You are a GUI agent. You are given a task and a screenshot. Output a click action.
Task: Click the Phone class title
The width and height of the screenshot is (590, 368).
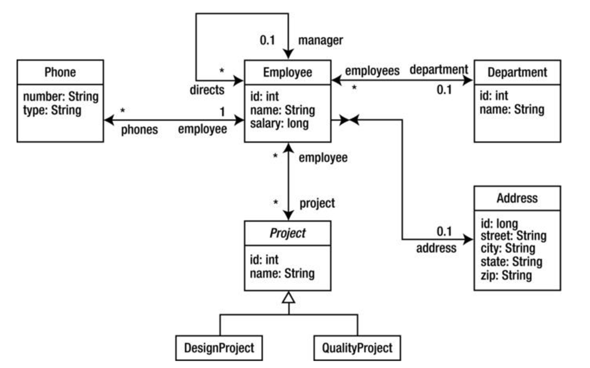click(x=60, y=72)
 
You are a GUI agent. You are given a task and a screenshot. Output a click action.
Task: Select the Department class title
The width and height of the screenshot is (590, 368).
click(x=517, y=72)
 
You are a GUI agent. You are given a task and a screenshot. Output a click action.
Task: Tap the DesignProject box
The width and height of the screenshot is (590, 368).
click(x=219, y=348)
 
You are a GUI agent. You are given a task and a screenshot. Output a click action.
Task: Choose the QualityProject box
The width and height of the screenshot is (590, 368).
click(x=357, y=348)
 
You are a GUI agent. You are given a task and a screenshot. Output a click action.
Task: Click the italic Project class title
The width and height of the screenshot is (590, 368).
click(x=288, y=233)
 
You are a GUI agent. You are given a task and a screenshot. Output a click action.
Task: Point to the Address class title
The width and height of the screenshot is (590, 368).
click(x=517, y=198)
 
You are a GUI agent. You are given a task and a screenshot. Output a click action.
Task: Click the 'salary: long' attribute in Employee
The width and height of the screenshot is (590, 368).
click(x=279, y=123)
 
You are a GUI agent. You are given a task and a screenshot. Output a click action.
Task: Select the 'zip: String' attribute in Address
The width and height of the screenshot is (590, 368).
click(x=506, y=275)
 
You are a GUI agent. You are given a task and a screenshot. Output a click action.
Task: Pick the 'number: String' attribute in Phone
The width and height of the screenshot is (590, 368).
click(x=60, y=96)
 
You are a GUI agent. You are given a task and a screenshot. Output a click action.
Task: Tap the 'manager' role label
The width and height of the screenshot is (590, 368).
click(x=320, y=40)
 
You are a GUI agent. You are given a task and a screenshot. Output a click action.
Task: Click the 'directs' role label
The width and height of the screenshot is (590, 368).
click(x=207, y=89)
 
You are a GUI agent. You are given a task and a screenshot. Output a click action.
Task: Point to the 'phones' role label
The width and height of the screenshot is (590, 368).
click(x=139, y=130)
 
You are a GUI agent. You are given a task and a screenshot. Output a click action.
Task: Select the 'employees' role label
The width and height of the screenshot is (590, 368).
click(x=372, y=70)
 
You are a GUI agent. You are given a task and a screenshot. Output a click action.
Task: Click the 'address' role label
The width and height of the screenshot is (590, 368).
click(x=436, y=248)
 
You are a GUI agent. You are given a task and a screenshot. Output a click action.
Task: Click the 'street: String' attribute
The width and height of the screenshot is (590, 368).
click(x=513, y=236)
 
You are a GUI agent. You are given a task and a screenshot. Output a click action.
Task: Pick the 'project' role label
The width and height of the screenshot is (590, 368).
click(x=317, y=203)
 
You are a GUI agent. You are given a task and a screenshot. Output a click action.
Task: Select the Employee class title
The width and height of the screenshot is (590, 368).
click(x=288, y=72)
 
